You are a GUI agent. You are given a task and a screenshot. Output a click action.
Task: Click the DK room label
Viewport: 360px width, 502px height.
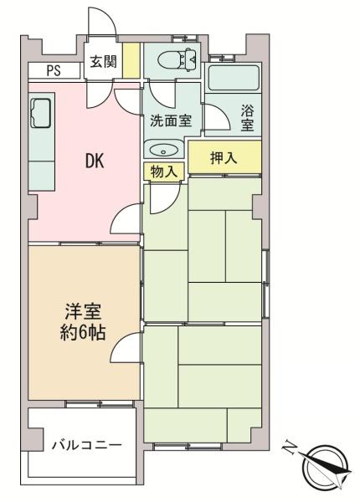click(95, 161)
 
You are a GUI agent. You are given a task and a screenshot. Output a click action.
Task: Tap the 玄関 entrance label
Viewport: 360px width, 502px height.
click(103, 61)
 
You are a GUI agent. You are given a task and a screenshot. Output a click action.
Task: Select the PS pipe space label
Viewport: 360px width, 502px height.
click(54, 70)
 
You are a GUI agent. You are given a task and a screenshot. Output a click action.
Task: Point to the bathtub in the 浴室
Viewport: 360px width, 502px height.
click(234, 78)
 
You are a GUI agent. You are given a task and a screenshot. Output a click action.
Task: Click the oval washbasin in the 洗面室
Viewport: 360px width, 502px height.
click(163, 150)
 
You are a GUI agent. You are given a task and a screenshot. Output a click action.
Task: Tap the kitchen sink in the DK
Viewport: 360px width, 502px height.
click(40, 113)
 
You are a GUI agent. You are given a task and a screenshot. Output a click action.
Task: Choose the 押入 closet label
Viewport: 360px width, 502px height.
click(224, 157)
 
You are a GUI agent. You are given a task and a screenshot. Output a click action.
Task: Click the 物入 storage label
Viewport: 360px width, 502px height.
click(163, 172)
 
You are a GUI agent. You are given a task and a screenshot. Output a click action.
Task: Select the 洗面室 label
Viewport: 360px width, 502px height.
click(171, 120)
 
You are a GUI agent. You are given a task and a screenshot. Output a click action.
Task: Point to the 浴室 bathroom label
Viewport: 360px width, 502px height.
click(248, 118)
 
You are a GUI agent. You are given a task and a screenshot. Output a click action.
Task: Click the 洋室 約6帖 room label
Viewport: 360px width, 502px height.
click(83, 322)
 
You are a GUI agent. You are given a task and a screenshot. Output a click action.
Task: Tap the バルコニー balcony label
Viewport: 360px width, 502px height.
click(87, 445)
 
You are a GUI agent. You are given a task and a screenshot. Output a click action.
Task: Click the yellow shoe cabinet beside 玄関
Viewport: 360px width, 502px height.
click(131, 60)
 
